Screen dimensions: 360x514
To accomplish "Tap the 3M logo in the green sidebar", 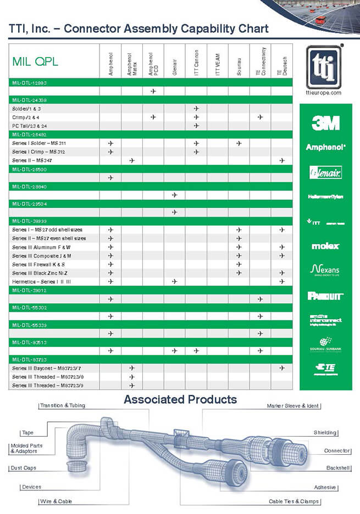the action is pos(325,123).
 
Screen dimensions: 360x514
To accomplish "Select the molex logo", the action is pos(325,246).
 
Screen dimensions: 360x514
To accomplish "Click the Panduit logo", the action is pos(325,295).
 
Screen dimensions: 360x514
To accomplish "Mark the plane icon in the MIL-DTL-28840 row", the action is pos(175,195).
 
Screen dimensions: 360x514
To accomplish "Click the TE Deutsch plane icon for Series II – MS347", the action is pos(282,160).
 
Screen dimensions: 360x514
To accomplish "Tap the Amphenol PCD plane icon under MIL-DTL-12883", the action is pos(153,91).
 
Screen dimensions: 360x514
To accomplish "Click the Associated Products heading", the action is pos(180,399).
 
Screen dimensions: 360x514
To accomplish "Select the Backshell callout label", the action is pos(339,468).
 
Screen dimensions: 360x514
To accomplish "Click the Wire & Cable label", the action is pos(57,501).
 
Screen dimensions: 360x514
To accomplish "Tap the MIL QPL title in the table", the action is pos(35,62).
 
